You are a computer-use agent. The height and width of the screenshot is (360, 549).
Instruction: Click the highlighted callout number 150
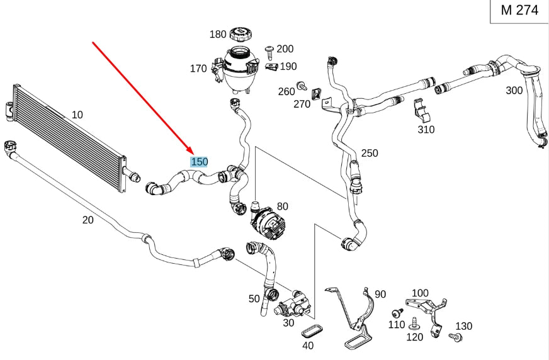[x=199, y=162]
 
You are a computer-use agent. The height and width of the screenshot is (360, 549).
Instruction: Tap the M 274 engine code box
[x=519, y=11]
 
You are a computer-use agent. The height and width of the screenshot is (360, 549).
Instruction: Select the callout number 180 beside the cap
[x=218, y=35]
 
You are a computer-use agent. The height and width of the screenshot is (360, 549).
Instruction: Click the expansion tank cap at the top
[x=240, y=33]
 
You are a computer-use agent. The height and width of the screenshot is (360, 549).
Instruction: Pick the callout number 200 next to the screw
[x=285, y=49]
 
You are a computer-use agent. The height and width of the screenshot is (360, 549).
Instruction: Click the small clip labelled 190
[x=271, y=67]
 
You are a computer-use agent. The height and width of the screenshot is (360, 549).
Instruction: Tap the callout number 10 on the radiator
[x=77, y=115]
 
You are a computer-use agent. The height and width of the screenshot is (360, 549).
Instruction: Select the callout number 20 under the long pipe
[x=88, y=220]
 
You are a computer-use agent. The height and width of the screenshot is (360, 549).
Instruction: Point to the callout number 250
[x=370, y=153]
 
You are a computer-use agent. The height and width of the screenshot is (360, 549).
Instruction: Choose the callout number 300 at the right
[x=514, y=91]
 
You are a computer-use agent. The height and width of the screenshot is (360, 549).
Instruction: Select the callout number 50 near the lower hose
[x=254, y=299]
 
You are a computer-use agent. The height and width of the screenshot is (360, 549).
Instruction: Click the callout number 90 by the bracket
[x=380, y=294]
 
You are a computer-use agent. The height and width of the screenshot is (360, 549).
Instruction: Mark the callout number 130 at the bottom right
[x=463, y=326]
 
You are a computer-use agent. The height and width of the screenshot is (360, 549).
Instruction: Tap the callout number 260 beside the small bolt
[x=286, y=91]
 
